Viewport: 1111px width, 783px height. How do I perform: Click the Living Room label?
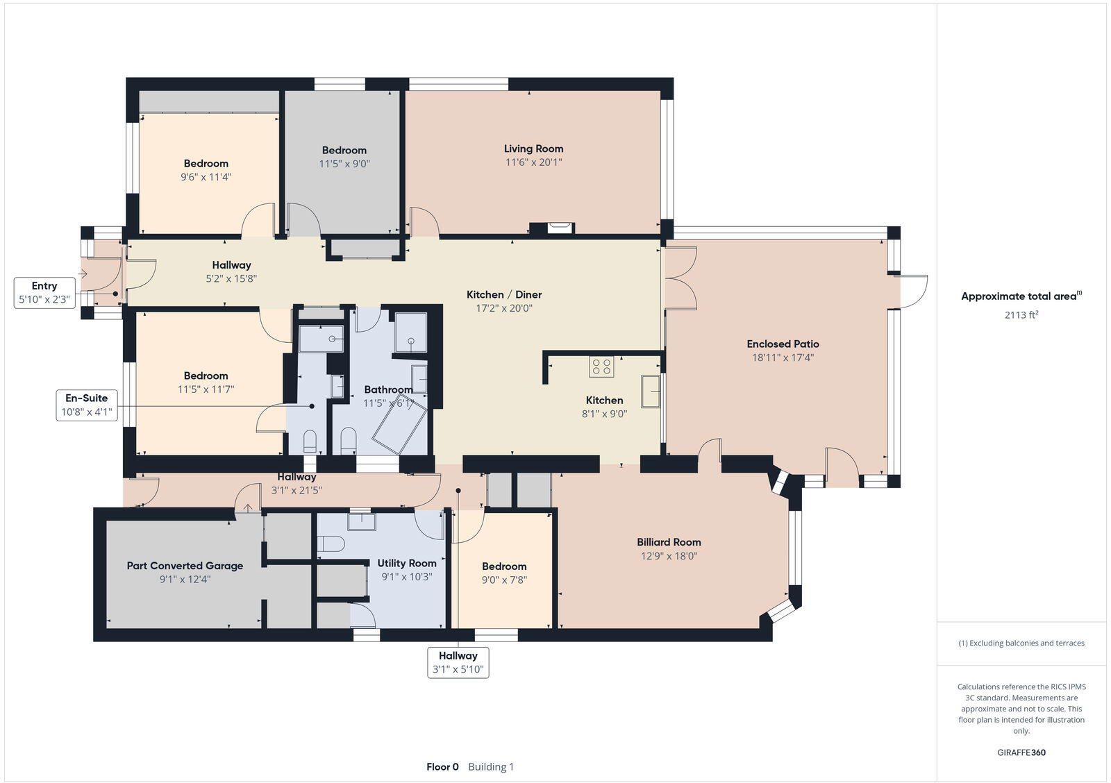coord(533,149)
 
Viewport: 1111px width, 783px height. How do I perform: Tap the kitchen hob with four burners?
coord(601,367)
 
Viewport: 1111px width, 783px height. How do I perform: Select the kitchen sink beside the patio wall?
coord(651,391)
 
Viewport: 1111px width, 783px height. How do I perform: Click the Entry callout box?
coord(44,292)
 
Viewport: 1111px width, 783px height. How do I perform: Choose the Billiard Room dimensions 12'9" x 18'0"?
coord(669,556)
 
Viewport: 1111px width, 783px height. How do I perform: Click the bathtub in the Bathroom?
coord(399,423)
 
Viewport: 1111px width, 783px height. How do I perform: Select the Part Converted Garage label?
coord(185,566)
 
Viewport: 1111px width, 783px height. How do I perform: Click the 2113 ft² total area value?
coord(1021,314)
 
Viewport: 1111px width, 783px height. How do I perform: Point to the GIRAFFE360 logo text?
coord(1021,752)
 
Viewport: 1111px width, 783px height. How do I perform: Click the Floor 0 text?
coord(442,767)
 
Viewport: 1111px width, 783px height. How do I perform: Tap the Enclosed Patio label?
coord(783,344)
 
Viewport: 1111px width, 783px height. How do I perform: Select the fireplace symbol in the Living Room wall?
coord(560,226)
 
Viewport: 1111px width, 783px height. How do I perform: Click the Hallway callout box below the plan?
coord(458,662)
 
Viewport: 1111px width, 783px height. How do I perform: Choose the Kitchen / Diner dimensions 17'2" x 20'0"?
coord(504,308)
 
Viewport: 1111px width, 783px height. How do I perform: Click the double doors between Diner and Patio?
coord(680,278)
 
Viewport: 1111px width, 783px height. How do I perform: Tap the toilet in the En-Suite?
coord(310,440)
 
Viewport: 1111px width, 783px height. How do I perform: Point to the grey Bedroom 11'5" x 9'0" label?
coord(344,150)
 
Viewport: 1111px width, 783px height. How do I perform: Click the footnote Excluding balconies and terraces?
coord(1021,643)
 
